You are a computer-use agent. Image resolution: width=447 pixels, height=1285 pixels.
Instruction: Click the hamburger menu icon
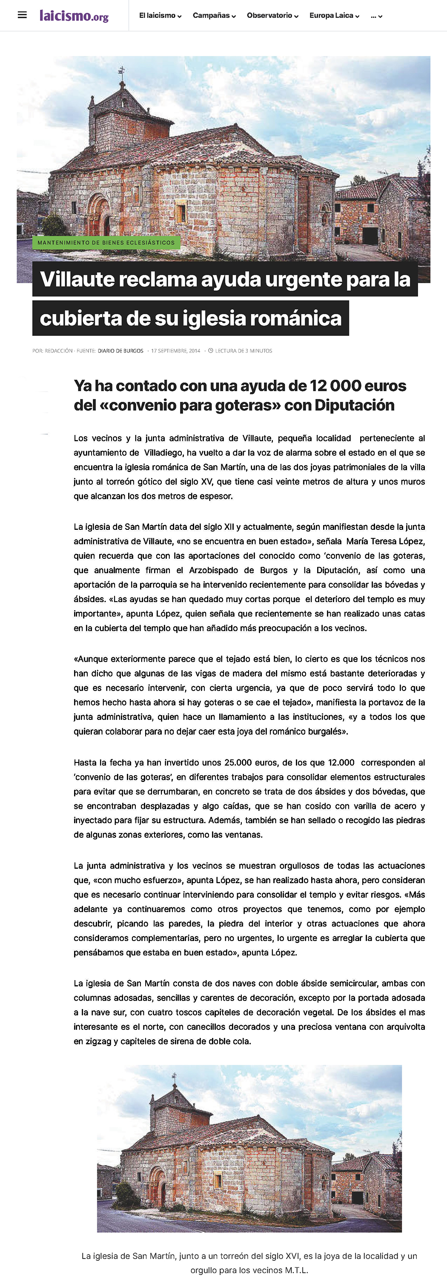[x=22, y=15]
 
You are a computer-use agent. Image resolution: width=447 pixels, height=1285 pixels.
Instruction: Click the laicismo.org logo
[x=74, y=16]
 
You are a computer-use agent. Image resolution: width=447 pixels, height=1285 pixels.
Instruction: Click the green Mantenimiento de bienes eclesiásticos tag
[x=106, y=242]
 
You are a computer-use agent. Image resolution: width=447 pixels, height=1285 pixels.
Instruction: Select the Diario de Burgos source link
[x=120, y=351]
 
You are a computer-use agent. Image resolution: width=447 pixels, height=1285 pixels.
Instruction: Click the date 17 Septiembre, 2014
[x=175, y=351]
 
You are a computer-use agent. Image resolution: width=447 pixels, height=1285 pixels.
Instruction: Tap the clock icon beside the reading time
[x=211, y=351]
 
